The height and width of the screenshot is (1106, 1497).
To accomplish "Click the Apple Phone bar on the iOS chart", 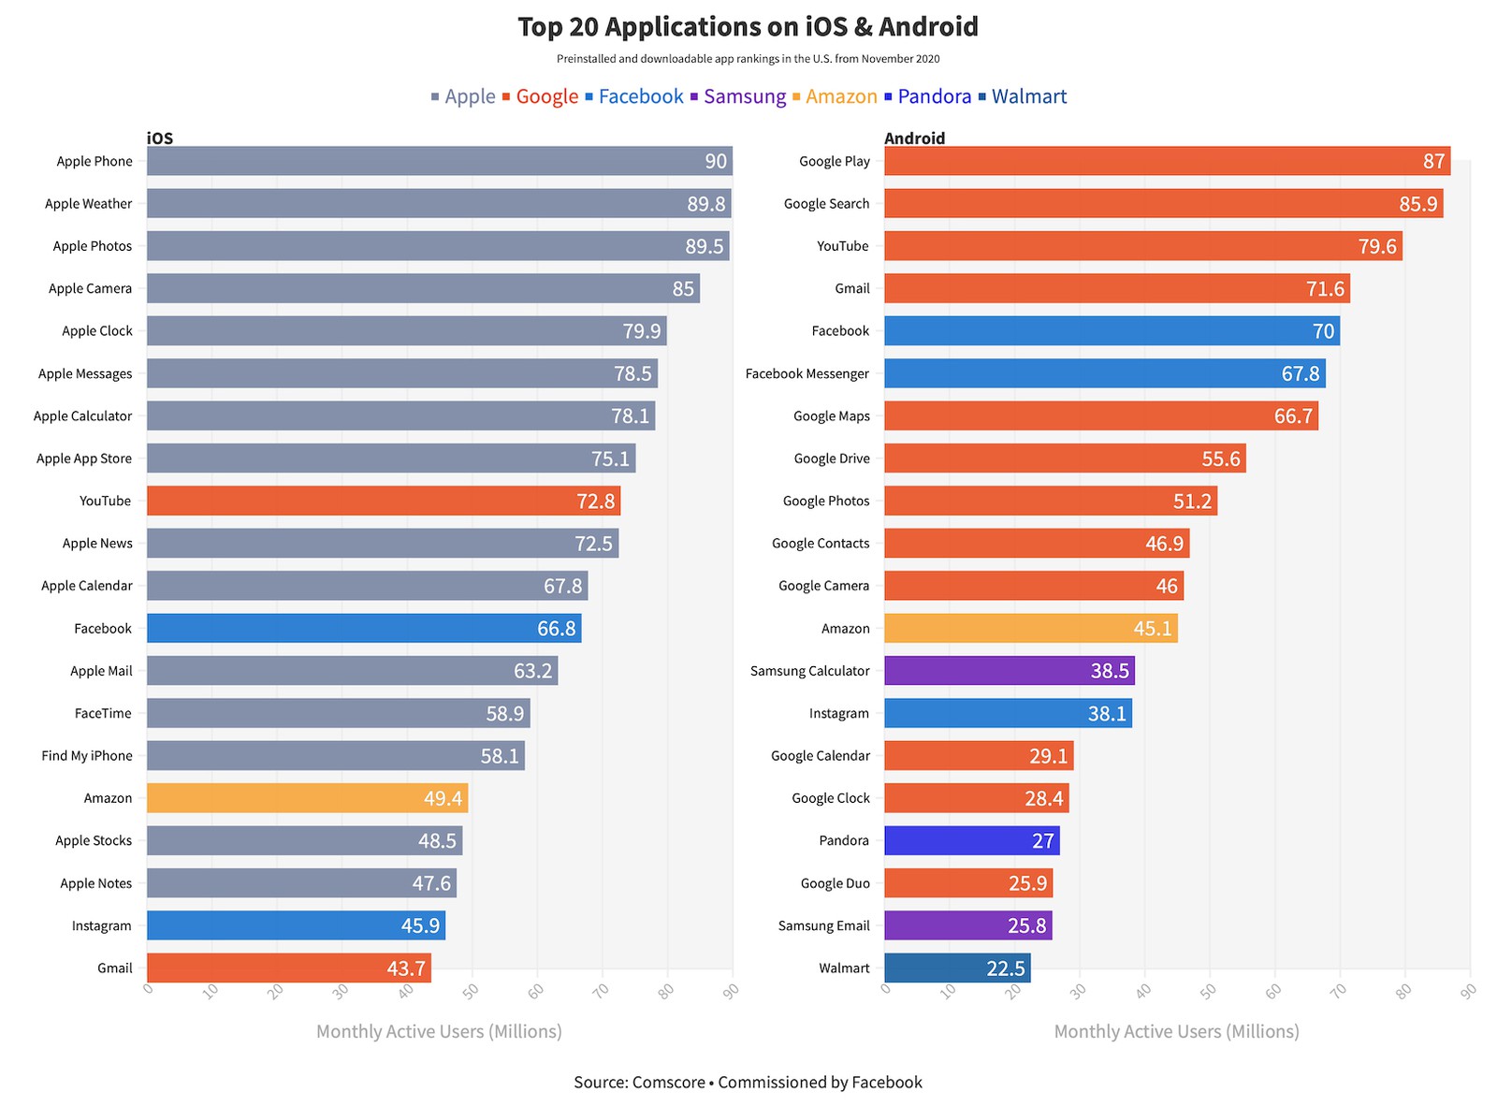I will tap(440, 161).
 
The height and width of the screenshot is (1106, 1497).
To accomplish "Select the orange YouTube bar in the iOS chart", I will tap(384, 501).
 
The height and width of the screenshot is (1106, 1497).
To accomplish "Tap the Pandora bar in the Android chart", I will tap(971, 840).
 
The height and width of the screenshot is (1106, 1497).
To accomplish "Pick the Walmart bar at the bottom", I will tap(957, 968).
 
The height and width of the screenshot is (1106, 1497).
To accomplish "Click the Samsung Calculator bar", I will tap(1009, 671).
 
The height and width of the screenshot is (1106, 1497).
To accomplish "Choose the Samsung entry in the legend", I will tap(744, 96).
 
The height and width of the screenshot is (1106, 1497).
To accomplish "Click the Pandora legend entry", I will tap(934, 96).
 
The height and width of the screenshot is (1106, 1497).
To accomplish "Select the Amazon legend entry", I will tap(840, 96).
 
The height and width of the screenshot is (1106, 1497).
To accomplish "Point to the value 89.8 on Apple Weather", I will tap(706, 204).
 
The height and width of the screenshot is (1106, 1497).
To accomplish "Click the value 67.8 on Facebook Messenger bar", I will tap(1300, 373).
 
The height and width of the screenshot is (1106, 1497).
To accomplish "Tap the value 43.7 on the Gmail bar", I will tap(406, 968).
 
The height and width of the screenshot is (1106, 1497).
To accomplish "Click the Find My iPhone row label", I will tap(87, 756).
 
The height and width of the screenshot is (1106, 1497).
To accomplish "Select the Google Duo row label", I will tap(835, 883).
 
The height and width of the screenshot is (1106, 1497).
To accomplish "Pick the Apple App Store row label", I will tap(84, 458).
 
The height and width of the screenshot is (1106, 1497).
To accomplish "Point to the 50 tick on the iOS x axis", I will tap(471, 990).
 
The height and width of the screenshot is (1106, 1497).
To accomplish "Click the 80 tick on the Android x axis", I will tap(1403, 990).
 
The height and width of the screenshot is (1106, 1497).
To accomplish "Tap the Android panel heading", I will tap(914, 138).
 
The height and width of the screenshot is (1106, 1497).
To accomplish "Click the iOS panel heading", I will tap(160, 138).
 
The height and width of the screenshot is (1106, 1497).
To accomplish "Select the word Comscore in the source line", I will tap(668, 1082).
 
